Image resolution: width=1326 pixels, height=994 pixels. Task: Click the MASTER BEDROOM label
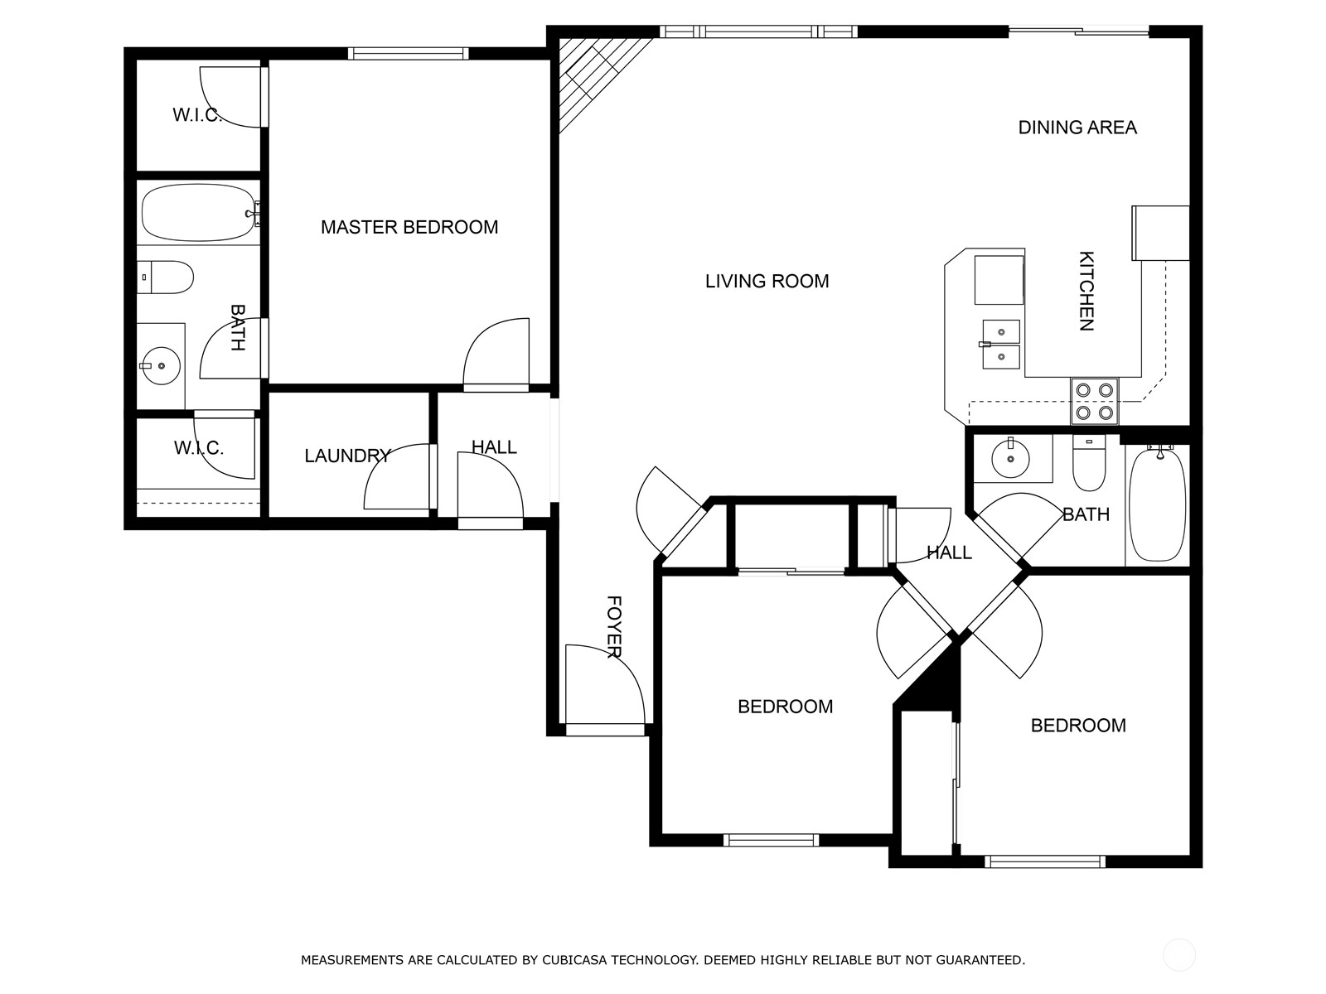pos(409,227)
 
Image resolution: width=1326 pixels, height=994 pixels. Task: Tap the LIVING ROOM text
pos(767,282)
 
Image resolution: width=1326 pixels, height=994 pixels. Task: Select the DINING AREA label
pos(1077,128)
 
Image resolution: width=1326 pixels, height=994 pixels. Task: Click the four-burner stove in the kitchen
pos(1094,401)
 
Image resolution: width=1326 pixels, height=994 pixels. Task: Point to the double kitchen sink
pos(1001,344)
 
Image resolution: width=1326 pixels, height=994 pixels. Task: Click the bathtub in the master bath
pos(197,213)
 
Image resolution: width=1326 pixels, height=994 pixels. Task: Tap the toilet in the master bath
pos(166,277)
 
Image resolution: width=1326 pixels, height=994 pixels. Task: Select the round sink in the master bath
pos(160,365)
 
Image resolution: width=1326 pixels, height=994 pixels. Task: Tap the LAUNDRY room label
pos(346,456)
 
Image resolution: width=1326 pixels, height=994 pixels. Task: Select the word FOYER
pos(613,626)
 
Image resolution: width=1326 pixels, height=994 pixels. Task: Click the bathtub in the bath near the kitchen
pos(1157,505)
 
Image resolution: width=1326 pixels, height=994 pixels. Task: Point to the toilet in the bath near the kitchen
pos(1088,464)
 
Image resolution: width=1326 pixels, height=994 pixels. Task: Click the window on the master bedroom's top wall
pos(408,54)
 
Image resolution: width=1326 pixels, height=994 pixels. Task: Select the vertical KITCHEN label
pos(1086,291)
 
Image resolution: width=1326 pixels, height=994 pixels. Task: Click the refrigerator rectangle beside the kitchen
pos(1160,233)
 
